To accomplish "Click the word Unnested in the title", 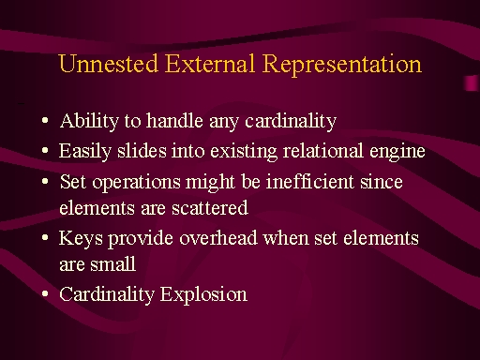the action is point(108,64).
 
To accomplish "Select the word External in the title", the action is point(210,64).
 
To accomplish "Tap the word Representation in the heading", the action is point(342,65).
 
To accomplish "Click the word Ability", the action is point(89,122).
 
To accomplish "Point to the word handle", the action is point(174,121).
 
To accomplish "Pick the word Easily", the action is point(85,152).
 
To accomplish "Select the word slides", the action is point(142,151).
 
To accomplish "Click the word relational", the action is point(323,151).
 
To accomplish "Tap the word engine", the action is point(397,152).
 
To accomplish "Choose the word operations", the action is point(136,183).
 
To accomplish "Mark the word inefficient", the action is point(310,181).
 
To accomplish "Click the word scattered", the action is point(210,208).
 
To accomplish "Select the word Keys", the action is point(81,239).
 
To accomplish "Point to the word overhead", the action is point(218,238).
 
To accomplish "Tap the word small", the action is point(112,264).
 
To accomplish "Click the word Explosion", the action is point(203,295).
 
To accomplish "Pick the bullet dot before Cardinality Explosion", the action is point(45,294).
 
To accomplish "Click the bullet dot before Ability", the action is point(45,121).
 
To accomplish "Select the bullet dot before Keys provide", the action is point(45,238).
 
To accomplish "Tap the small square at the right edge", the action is point(471,83).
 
